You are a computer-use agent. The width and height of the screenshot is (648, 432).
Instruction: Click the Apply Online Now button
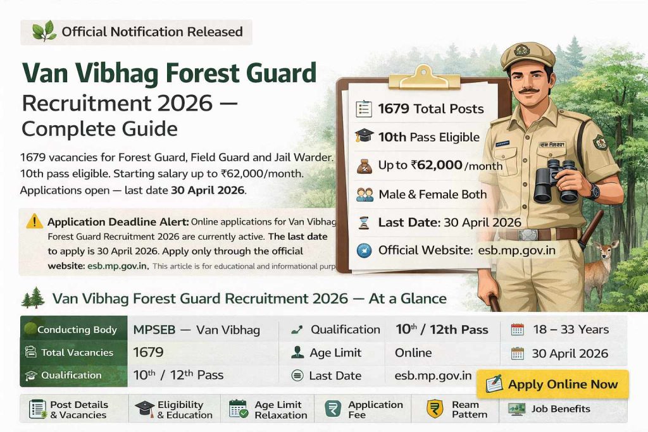click(x=552, y=384)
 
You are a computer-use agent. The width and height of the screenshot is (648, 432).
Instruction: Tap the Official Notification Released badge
click(x=137, y=32)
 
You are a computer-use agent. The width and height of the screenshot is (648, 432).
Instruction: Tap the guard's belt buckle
click(x=528, y=235)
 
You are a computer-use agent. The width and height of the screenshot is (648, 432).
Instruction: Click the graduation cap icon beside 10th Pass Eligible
click(x=364, y=137)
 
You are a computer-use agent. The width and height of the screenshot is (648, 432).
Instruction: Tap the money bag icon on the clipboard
click(x=364, y=166)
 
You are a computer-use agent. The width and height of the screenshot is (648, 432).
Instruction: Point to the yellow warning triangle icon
click(x=34, y=221)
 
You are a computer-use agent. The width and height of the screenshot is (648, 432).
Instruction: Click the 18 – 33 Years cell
click(x=570, y=330)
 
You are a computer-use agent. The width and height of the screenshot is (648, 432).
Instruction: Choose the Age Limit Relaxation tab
click(x=269, y=409)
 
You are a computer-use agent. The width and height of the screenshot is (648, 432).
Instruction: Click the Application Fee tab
click(x=364, y=409)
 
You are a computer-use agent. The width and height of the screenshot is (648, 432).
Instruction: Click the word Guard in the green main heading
click(x=275, y=74)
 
